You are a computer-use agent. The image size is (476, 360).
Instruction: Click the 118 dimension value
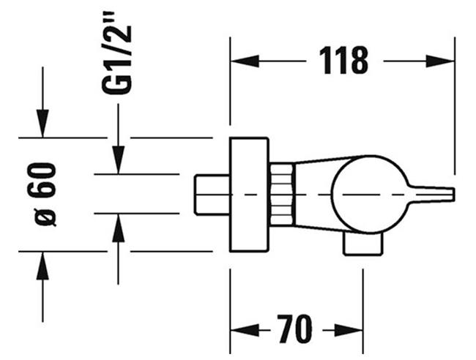343,60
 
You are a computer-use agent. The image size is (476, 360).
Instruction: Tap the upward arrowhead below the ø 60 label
42,266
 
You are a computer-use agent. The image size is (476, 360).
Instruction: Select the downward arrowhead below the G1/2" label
118,160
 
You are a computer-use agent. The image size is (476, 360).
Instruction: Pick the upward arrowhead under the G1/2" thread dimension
118,228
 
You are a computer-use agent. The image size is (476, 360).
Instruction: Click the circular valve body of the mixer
367,194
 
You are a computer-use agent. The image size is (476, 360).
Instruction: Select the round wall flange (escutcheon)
249,194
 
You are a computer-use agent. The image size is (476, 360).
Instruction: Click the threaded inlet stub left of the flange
212,194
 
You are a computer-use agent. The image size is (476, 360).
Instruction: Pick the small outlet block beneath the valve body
363,244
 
